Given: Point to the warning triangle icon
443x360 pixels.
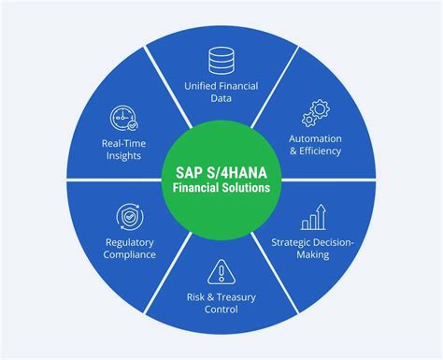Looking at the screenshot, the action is pyautogui.click(x=221, y=271).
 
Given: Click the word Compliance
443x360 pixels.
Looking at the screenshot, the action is pyautogui.click(x=129, y=255).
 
